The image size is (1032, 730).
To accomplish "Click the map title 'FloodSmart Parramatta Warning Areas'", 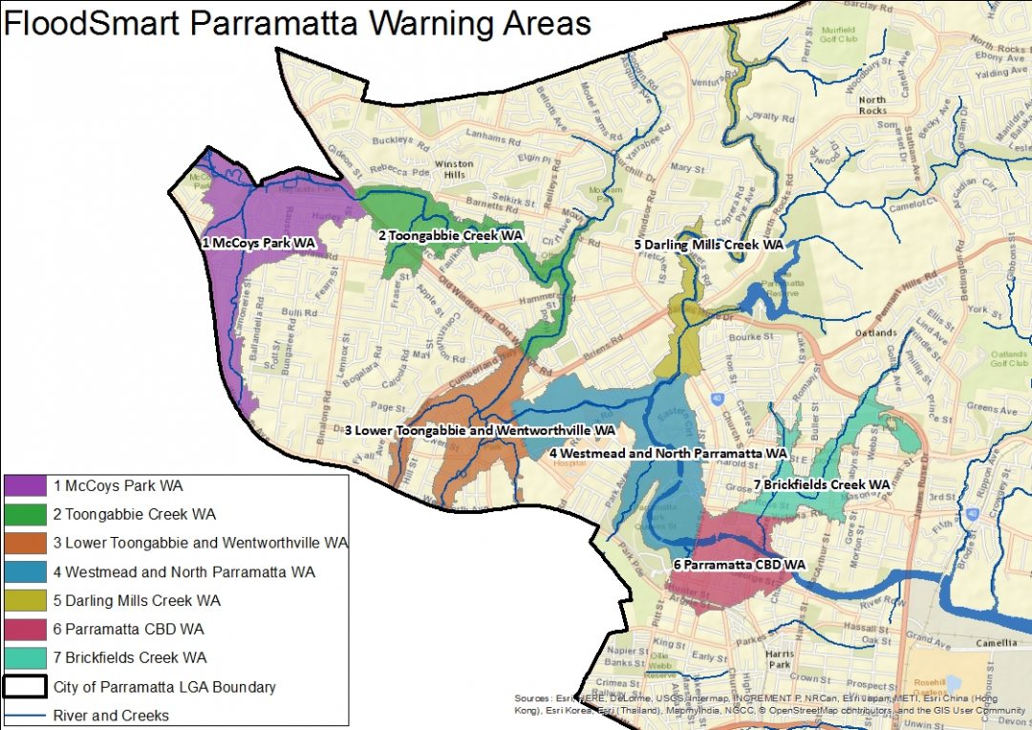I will [296, 23].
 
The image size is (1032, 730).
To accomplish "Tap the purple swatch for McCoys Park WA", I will [26, 486].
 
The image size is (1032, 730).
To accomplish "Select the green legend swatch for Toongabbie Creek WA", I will [26, 515].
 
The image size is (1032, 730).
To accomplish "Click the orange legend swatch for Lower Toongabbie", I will [26, 544].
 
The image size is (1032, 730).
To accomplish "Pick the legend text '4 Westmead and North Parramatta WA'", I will [183, 572].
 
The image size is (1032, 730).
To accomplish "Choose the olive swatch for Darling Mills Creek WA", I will [26, 601].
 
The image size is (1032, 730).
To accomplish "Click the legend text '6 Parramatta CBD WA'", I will [129, 630].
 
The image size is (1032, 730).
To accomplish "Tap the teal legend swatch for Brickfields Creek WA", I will [26, 658].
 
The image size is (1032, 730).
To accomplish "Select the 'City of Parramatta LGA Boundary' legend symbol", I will [26, 687].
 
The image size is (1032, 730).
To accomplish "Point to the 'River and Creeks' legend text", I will [111, 716].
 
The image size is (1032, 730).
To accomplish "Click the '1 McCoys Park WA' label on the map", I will [258, 244].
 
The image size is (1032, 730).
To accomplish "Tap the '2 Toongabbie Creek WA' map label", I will [450, 235].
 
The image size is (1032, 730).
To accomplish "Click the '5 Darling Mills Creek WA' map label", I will [709, 245].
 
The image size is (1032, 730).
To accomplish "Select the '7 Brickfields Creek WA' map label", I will [821, 484].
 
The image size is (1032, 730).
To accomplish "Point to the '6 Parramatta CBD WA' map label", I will [739, 565].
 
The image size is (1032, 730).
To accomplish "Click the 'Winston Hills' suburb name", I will [455, 169].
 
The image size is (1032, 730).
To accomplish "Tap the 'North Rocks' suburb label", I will [871, 105].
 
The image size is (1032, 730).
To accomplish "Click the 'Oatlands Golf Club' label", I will [1009, 357].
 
